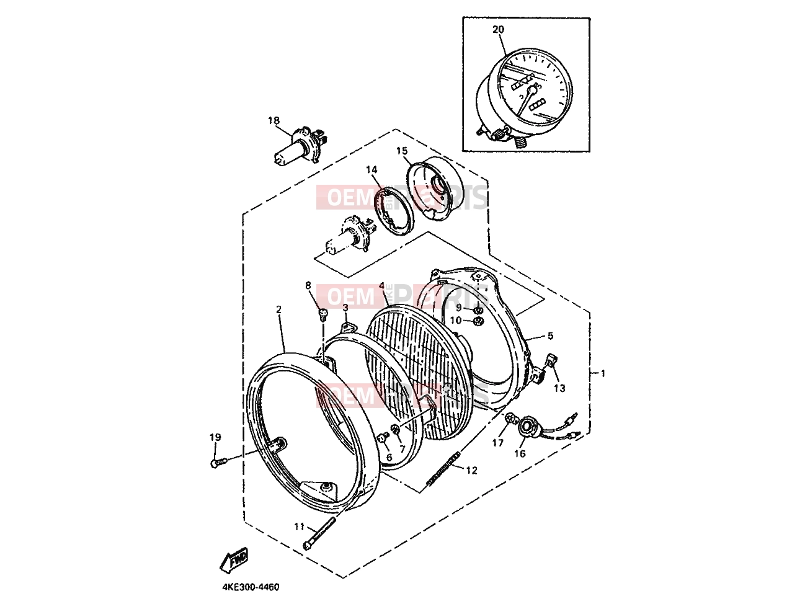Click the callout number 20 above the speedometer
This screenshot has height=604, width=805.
[x=498, y=29]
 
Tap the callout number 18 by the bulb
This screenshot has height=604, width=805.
[x=274, y=120]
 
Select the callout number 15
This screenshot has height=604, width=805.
[x=402, y=151]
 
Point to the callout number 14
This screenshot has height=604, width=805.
[x=371, y=169]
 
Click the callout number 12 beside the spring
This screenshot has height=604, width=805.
[x=471, y=470]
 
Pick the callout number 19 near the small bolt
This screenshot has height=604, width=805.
[x=215, y=437]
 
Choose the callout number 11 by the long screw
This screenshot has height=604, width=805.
[x=300, y=526]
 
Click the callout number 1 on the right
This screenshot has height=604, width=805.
[x=603, y=373]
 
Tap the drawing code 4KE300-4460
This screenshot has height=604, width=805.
[x=251, y=587]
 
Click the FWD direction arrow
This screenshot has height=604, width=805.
[x=234, y=561]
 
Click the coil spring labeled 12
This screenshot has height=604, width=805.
[x=443, y=471]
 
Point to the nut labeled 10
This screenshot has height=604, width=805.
[x=478, y=322]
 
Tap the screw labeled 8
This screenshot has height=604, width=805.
[x=323, y=314]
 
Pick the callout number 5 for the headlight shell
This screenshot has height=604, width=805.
[x=550, y=335]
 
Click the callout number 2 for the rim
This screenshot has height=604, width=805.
[x=278, y=309]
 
